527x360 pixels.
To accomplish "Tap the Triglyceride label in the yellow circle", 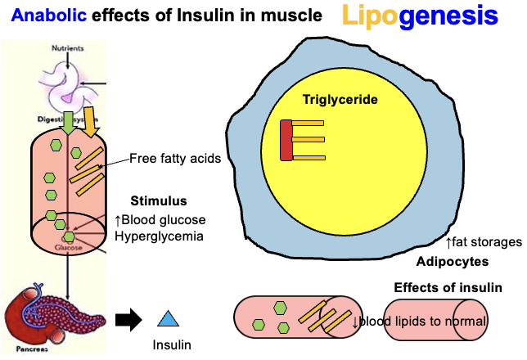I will point(340,99).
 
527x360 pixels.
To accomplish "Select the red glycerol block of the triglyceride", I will point(286,140).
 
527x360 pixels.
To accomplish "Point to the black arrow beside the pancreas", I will point(128,319).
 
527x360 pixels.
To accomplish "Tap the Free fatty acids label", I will point(175,159).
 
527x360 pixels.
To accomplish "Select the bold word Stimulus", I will point(159,200).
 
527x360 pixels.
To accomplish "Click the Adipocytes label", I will point(453,262).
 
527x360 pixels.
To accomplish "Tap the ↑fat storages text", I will point(483,242).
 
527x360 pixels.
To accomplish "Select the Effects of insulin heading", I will point(448,288).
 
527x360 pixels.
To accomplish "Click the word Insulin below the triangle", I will point(172,345).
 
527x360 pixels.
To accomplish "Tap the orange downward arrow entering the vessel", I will point(90,121).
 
